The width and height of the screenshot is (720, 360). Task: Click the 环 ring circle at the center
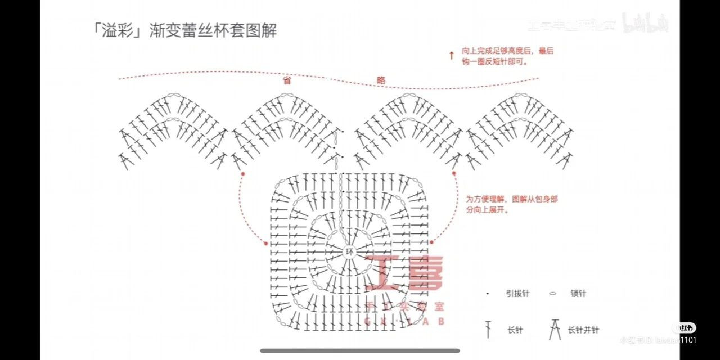(x=350, y=251)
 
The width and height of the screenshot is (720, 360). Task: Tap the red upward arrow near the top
(x=451, y=55)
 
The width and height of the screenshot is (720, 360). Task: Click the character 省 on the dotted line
(x=287, y=80)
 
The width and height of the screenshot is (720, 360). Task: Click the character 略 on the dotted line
(x=381, y=80)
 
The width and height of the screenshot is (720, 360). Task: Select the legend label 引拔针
(x=517, y=294)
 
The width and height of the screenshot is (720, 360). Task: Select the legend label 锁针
(x=578, y=294)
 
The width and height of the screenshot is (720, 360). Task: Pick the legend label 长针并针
(x=583, y=330)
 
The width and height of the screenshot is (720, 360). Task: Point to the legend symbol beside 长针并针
(x=555, y=329)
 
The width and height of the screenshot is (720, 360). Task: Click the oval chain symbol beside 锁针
(x=553, y=294)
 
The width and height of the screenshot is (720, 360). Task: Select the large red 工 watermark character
(x=384, y=274)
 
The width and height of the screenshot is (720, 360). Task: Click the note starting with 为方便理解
(x=511, y=204)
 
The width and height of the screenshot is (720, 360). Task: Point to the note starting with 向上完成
(x=507, y=56)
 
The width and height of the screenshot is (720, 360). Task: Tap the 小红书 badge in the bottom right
(x=685, y=328)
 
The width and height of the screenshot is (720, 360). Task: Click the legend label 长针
(x=515, y=330)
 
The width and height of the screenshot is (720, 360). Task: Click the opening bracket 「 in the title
(x=97, y=30)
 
